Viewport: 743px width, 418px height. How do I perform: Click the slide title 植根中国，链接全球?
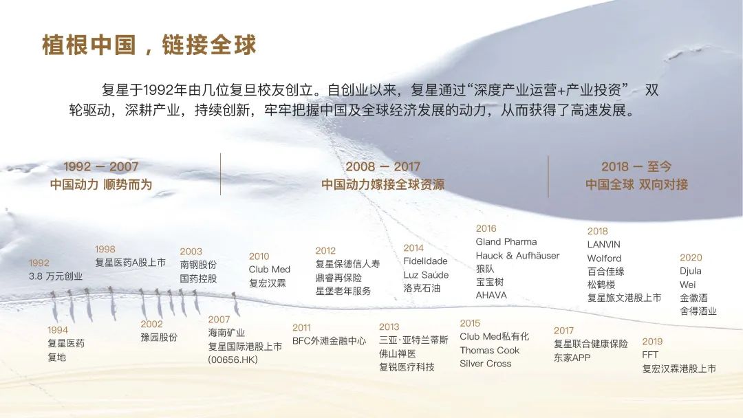coord(149,45)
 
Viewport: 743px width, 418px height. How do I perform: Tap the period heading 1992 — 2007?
coord(101,166)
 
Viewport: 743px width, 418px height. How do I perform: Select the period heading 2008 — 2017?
coord(383,166)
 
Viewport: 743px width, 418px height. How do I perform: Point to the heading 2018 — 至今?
coord(636,166)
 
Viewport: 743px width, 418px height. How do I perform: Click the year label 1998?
coord(105,249)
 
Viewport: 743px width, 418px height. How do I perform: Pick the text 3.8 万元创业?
coord(56,276)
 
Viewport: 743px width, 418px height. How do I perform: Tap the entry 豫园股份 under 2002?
coord(159,338)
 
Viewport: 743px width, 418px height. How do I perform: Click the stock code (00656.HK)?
coord(233,360)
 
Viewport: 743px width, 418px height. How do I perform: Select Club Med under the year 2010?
coord(269,269)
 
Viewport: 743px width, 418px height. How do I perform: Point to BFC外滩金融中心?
coord(329,341)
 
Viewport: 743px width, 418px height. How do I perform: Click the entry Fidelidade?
coord(425,261)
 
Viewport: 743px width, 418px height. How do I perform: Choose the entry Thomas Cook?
coord(490,351)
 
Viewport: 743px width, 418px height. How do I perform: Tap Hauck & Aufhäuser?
coord(517,256)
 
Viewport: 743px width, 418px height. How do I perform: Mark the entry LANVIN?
coord(604,244)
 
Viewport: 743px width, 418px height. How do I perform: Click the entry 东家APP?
coord(572,358)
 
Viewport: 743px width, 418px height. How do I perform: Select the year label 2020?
coord(691,258)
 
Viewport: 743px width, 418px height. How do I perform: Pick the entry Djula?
coord(691,271)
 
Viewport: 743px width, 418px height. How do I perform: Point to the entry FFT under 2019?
coord(650,355)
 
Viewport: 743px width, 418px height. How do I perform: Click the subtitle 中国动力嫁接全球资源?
coord(383,185)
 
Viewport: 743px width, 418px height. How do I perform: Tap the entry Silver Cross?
coord(485,364)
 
